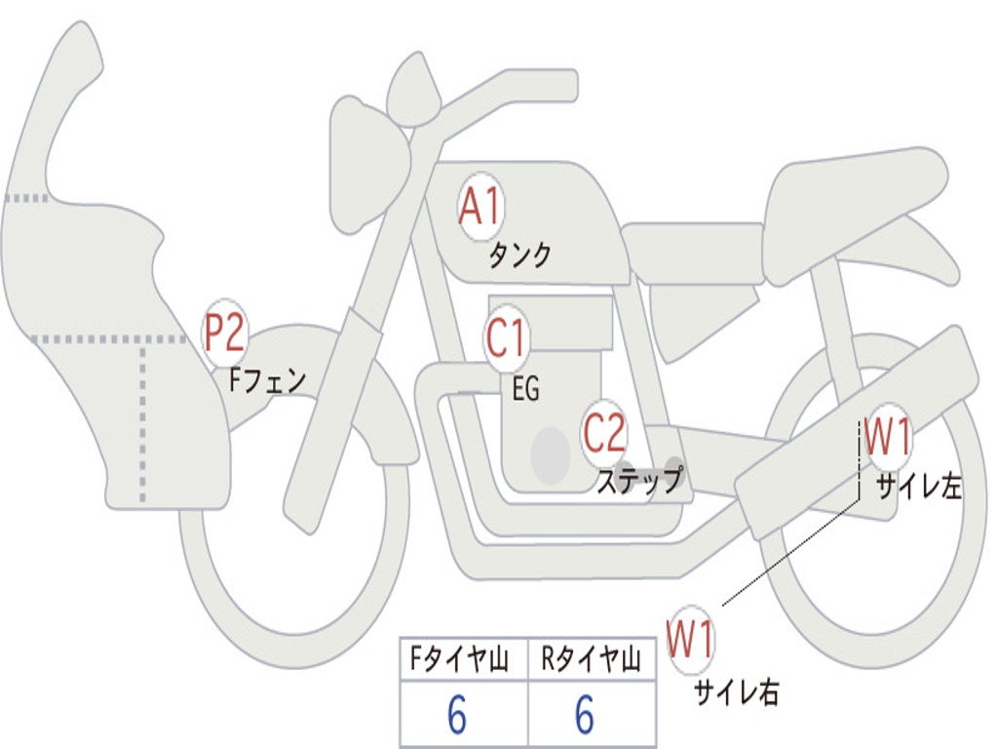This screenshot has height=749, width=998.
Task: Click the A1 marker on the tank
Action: [x=480, y=208]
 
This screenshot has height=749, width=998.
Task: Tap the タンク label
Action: [x=519, y=256]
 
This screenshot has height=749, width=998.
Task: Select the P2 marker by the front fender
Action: [x=224, y=334]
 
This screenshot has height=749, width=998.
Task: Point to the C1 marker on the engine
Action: [x=507, y=339]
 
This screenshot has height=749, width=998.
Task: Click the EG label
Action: [x=525, y=390]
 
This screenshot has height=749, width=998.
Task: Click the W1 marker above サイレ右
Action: [x=690, y=640]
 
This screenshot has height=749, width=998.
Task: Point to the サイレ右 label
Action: [x=736, y=691]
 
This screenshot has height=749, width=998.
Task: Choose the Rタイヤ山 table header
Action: [x=591, y=661]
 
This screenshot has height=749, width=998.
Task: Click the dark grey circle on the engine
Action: [x=551, y=454]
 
